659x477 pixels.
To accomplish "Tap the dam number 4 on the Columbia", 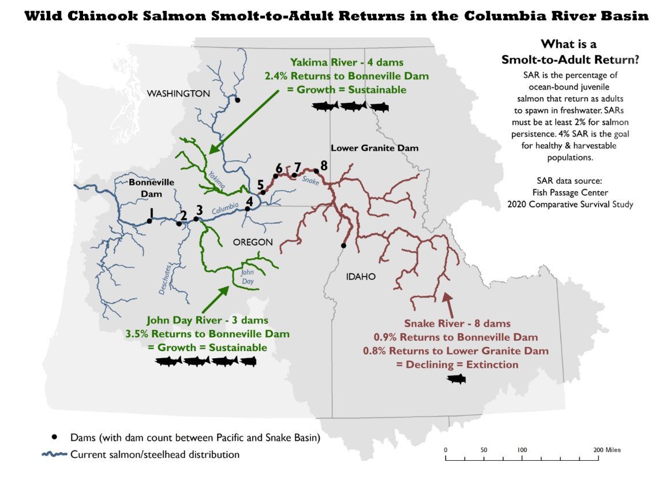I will [x=249, y=202].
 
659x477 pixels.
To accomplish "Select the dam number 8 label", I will [x=324, y=165].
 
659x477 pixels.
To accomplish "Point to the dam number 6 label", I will [x=279, y=168].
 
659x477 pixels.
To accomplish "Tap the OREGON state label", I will [x=253, y=243].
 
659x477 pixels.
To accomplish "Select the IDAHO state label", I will [x=361, y=277].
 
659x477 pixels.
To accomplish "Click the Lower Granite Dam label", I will [x=375, y=148].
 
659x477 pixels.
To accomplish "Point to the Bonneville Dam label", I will [x=144, y=188].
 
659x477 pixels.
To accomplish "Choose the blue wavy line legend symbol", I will [x=55, y=454].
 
